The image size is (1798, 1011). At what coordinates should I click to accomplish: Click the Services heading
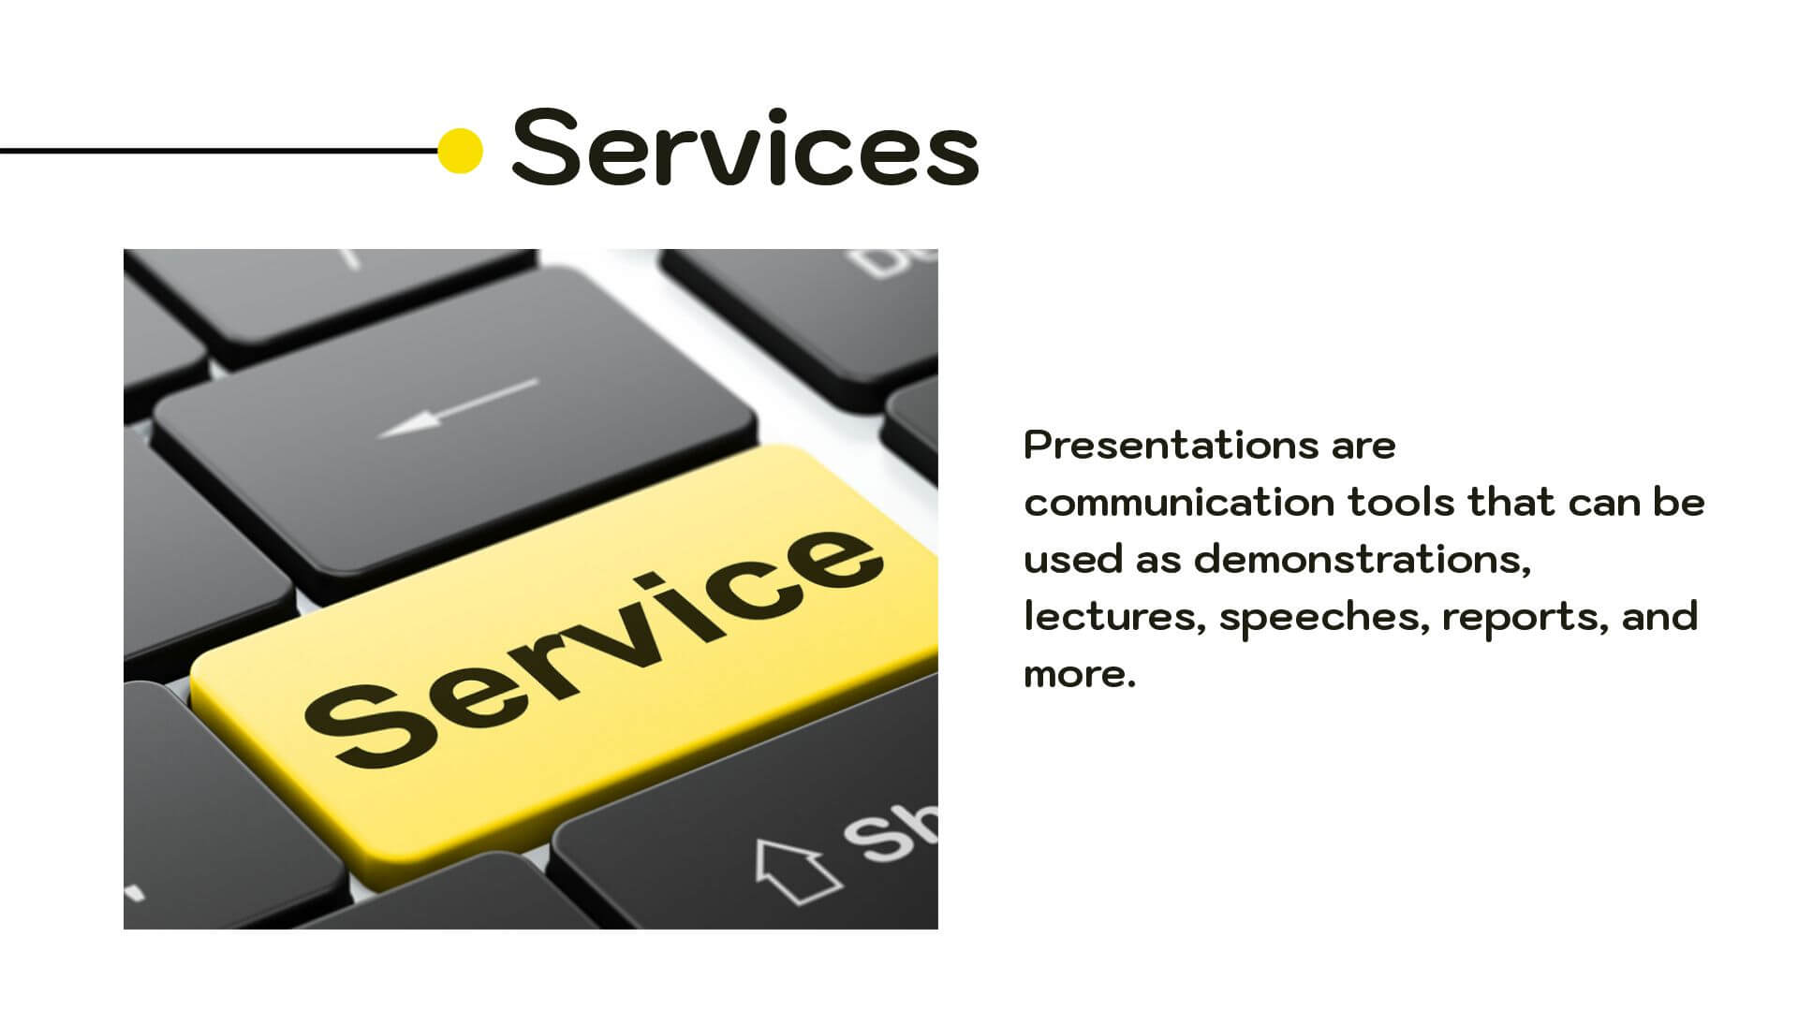(744, 147)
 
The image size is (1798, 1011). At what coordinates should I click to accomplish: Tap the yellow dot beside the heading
(460, 151)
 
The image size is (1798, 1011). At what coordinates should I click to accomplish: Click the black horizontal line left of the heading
(219, 150)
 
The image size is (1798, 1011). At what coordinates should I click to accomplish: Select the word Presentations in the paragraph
(1172, 445)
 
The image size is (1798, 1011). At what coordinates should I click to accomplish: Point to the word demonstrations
(1363, 560)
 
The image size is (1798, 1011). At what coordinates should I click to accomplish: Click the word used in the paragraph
(1073, 560)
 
